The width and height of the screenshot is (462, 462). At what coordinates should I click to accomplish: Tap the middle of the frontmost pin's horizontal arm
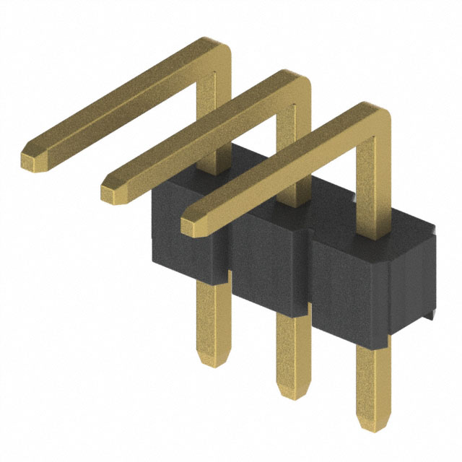tap(282, 170)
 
